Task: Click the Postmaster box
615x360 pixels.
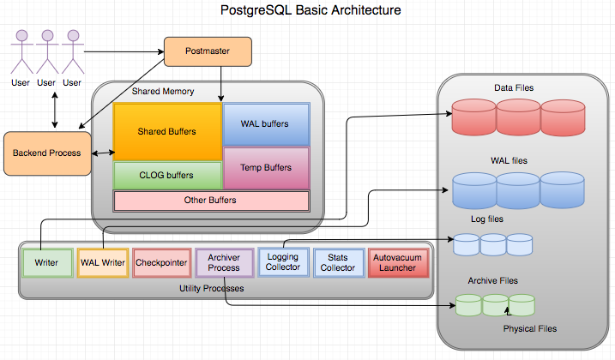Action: tap(208, 54)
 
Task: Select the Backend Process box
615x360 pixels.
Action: tap(46, 153)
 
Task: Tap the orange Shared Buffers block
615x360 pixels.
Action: tap(166, 132)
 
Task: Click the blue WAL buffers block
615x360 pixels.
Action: tap(265, 123)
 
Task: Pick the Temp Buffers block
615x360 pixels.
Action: tap(265, 168)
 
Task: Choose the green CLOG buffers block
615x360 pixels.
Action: tap(166, 175)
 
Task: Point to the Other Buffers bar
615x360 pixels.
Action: tap(211, 201)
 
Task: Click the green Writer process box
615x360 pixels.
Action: tap(46, 262)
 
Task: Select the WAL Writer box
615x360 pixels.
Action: tap(103, 262)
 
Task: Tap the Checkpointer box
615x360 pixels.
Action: tap(161, 262)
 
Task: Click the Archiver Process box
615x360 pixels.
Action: tap(224, 261)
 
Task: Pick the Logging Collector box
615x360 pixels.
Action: tap(283, 261)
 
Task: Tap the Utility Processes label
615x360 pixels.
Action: tap(211, 288)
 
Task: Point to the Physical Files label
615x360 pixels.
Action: tap(529, 328)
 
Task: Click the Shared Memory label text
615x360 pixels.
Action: tap(163, 92)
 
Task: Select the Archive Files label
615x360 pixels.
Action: tap(492, 280)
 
